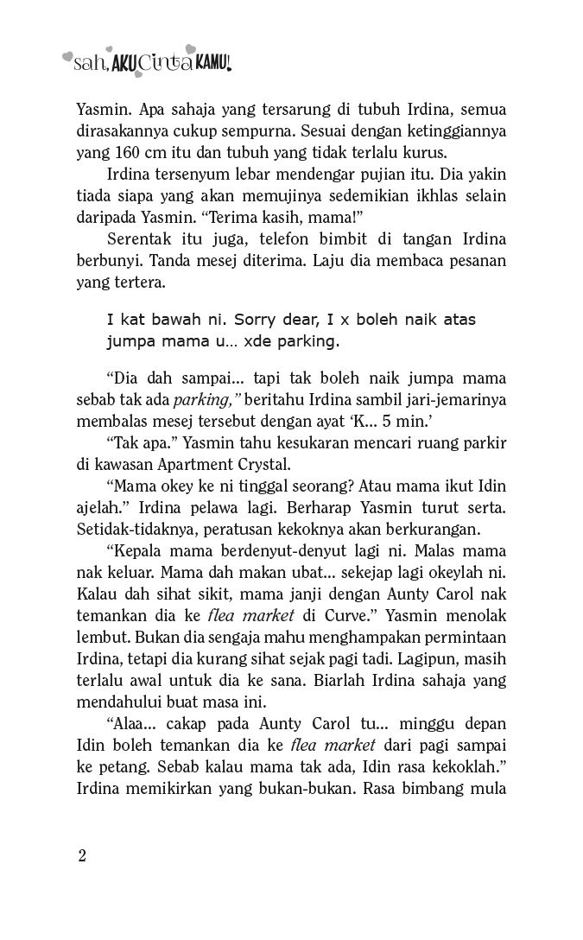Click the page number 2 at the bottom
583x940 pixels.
pyautogui.click(x=82, y=856)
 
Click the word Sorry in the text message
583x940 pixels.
pyautogui.click(x=207, y=320)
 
